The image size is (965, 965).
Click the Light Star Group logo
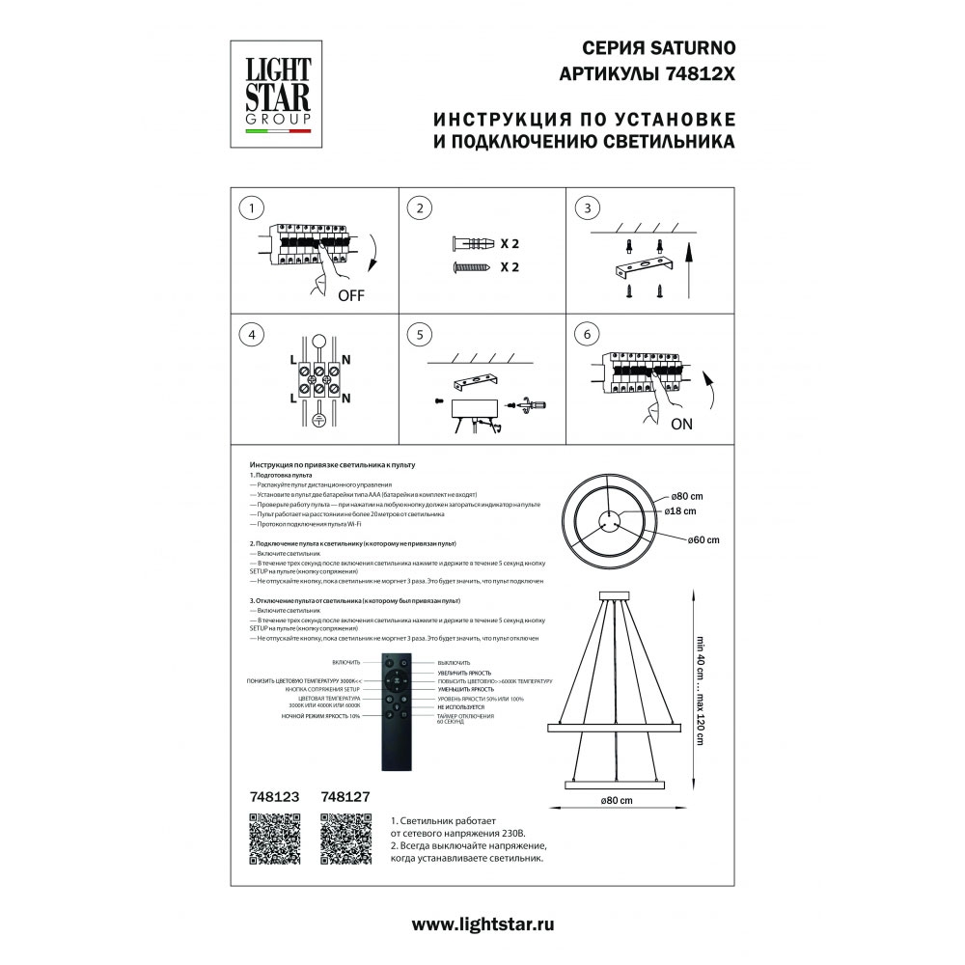point(277,96)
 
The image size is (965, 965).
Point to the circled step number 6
point(581,335)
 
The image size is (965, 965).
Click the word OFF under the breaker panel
point(351,296)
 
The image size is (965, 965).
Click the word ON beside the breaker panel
point(681,423)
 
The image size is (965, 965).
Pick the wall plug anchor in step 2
point(472,244)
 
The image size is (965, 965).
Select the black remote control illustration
point(398,712)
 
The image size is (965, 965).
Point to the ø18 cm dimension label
point(683,511)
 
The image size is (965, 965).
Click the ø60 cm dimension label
point(703,539)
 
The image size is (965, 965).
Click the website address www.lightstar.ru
point(482,924)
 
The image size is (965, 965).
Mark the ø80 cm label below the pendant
point(615,801)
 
